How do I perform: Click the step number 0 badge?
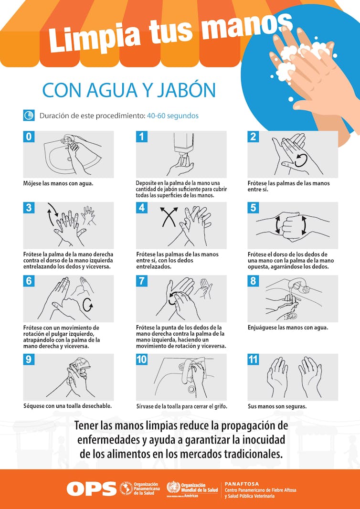tap(29, 137)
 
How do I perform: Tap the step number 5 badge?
tap(253, 207)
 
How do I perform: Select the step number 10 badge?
tap(142, 360)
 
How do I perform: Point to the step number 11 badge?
tap(253, 360)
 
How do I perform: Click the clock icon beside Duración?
tap(29, 116)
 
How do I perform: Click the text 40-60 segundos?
tap(173, 116)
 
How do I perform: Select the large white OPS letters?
tap(92, 488)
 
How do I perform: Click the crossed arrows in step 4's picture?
tap(169, 217)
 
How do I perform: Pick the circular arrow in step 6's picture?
tap(88, 304)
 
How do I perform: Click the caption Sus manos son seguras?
tap(277, 406)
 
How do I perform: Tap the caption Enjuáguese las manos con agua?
tap(288, 328)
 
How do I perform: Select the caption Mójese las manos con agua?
tap(58, 183)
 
